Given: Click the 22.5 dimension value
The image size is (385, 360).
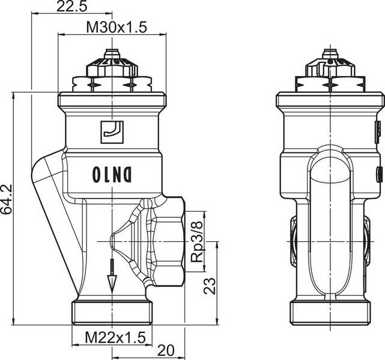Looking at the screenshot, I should (71, 7).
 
